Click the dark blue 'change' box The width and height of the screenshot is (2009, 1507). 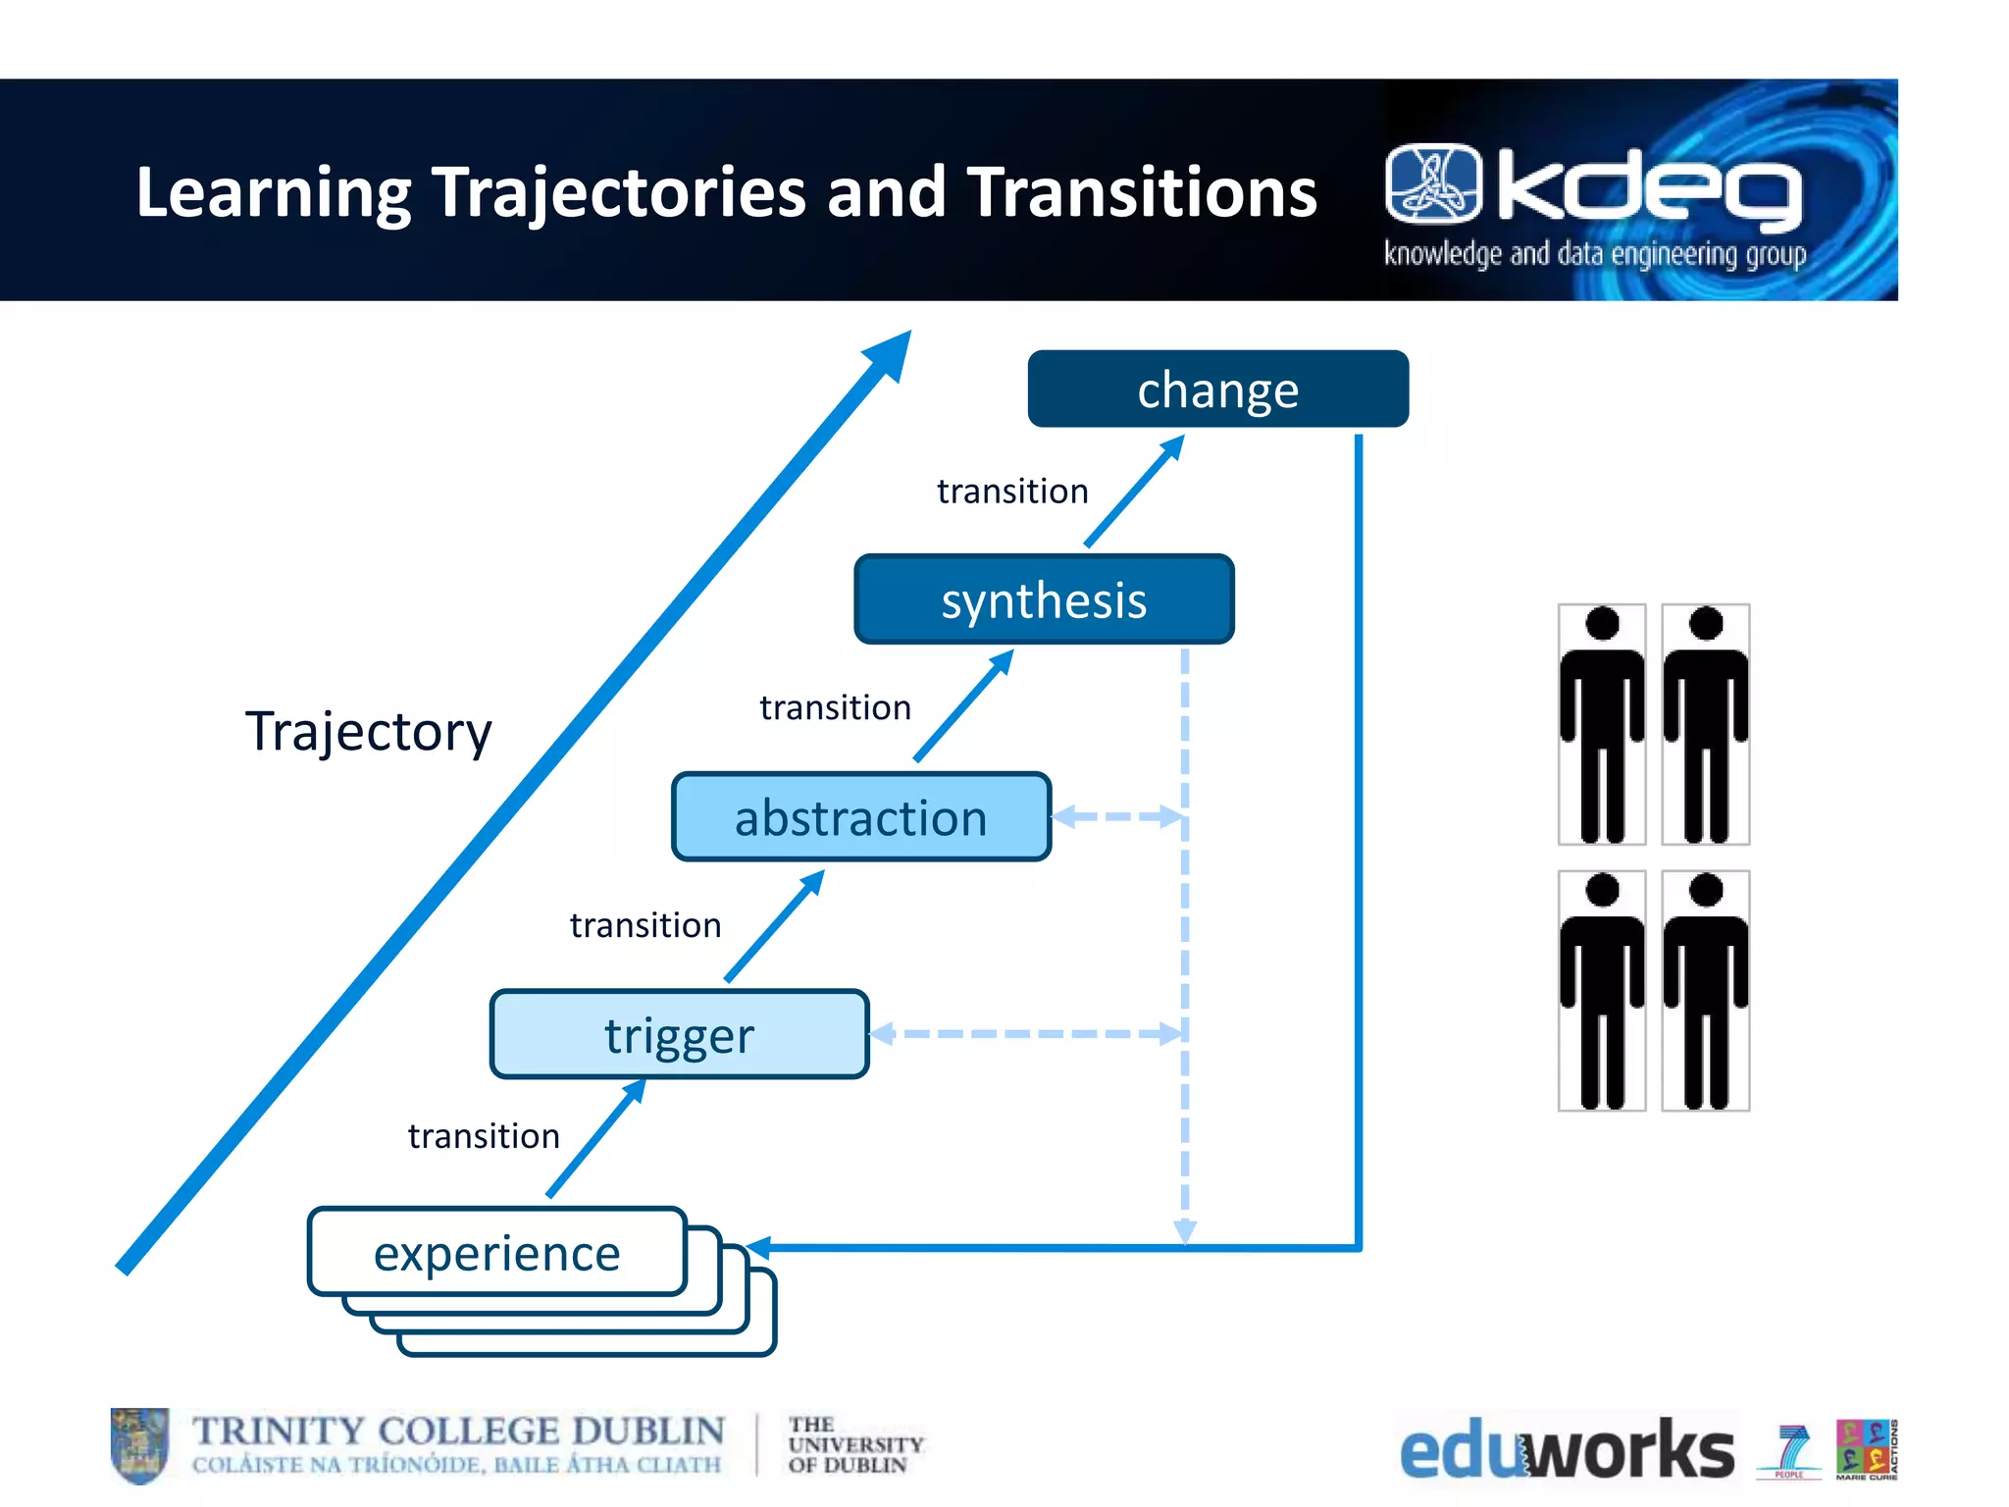coord(1217,390)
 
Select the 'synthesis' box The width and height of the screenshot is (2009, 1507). coord(1044,599)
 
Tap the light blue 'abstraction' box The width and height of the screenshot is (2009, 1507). coord(860,817)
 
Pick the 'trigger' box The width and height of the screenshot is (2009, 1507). coord(679,1035)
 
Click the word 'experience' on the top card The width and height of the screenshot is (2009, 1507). coord(496,1253)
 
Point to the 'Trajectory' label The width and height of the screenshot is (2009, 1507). coord(368,731)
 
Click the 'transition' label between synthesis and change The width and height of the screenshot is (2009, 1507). coord(1012,491)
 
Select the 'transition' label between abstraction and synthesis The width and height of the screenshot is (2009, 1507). coord(835,707)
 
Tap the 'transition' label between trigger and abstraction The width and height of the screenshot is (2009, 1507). coord(645,925)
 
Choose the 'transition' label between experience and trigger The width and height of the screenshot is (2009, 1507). coord(484,1136)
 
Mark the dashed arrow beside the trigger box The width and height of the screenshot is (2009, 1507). coord(1026,1033)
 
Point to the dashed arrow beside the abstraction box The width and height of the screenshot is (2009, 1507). coord(1117,816)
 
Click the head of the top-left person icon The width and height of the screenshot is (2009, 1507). coord(1602,624)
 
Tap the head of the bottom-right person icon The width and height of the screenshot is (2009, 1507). coord(1706,890)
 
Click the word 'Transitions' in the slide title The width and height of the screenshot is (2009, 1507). coord(1142,192)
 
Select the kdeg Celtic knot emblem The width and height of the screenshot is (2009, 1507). coord(1433,182)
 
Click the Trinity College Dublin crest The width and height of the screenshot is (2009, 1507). coord(139,1445)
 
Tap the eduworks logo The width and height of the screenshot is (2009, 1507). coord(1567,1449)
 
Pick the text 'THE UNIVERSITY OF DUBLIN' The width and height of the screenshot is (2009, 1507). coord(854,1444)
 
